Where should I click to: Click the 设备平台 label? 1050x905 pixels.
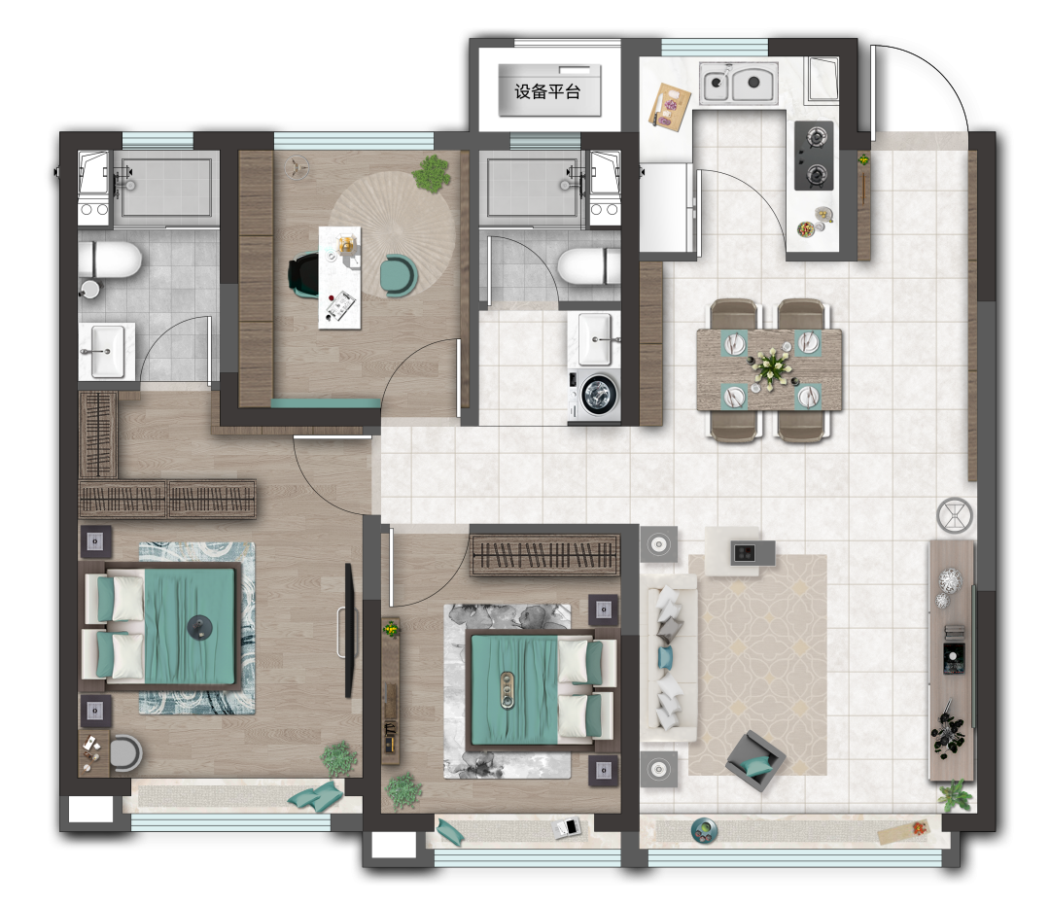tap(547, 91)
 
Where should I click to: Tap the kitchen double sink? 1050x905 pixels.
tap(739, 83)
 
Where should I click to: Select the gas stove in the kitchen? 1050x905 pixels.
tap(815, 156)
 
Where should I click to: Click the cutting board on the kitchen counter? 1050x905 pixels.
tap(670, 105)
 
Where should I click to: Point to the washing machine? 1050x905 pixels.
tap(595, 396)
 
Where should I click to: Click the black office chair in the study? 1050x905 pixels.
tap(303, 274)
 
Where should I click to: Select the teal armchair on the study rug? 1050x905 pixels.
tap(400, 276)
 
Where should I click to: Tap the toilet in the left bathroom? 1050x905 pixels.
tap(110, 261)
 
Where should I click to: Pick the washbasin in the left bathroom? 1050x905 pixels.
tap(107, 351)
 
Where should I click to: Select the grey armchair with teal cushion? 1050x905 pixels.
tap(756, 761)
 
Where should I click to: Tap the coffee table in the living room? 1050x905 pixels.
tap(740, 551)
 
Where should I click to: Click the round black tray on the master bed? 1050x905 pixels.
tap(199, 627)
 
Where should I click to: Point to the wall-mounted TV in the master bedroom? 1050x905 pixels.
tap(348, 630)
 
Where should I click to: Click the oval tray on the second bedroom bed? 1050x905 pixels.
tap(507, 689)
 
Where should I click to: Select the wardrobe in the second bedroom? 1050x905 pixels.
tap(545, 554)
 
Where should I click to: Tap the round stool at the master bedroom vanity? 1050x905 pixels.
tap(125, 753)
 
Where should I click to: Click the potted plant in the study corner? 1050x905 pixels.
tap(432, 173)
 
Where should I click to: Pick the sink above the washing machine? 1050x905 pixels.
tap(595, 338)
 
